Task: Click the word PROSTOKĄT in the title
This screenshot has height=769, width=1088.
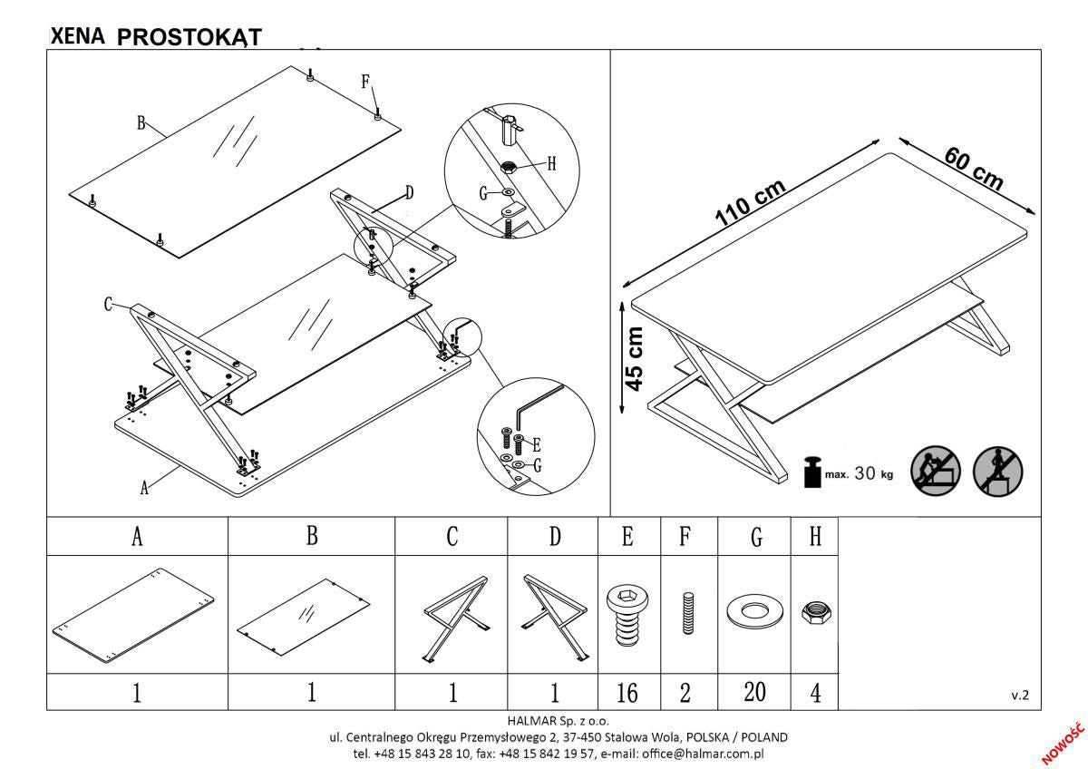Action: (x=189, y=36)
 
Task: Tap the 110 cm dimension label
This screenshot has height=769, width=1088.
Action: (x=749, y=201)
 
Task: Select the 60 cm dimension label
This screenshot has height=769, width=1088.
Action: (x=974, y=168)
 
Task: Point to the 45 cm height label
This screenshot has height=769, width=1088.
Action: (x=636, y=358)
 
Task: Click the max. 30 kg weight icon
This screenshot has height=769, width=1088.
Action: (x=813, y=473)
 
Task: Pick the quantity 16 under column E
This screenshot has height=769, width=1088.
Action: (x=627, y=694)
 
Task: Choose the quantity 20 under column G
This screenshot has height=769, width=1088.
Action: (x=754, y=693)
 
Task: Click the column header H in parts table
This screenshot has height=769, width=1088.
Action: (x=814, y=537)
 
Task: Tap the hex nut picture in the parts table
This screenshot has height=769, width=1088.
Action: (x=813, y=614)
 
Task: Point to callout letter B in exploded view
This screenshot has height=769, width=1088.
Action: (x=141, y=122)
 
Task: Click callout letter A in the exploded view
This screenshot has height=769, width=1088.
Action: (x=143, y=488)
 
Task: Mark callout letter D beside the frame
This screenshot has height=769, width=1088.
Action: (x=409, y=192)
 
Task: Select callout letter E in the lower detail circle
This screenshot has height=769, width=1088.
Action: (x=537, y=445)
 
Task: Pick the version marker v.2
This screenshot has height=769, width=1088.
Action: (x=1020, y=696)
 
